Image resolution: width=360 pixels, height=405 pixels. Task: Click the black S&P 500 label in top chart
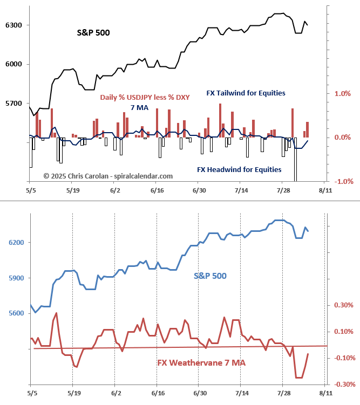pyautogui.click(x=93, y=33)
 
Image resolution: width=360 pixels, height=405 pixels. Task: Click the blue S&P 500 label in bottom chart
pyautogui.click(x=210, y=276)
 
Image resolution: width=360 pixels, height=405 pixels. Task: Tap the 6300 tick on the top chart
pyautogui.click(x=13, y=25)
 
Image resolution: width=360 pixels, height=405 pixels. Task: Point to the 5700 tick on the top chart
pyautogui.click(x=13, y=103)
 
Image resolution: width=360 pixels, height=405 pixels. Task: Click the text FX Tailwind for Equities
pyautogui.click(x=246, y=93)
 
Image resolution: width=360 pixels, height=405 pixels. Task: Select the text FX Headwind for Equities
pyautogui.click(x=239, y=170)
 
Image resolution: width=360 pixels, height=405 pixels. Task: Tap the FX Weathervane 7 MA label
pyautogui.click(x=201, y=363)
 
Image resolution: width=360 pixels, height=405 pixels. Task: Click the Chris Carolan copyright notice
pyautogui.click(x=108, y=176)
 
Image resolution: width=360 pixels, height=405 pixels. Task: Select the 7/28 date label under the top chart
pyautogui.click(x=283, y=190)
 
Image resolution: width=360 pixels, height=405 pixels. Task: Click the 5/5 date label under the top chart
pyautogui.click(x=31, y=190)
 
